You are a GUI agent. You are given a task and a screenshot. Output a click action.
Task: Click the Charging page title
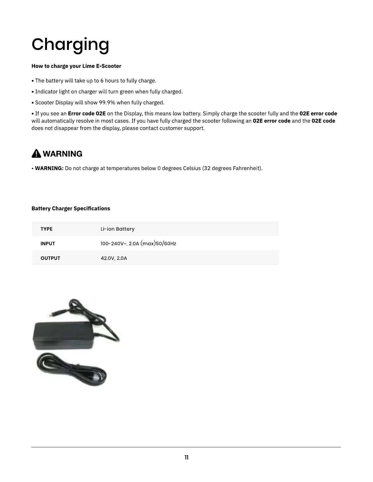pos(70,44)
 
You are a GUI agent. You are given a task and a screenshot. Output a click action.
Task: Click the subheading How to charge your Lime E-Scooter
pos(76,66)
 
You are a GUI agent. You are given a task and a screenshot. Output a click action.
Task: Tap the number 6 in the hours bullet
pos(102,81)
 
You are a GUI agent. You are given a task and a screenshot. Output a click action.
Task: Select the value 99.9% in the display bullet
pos(108,103)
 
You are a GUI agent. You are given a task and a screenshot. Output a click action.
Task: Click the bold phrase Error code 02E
pos(87,114)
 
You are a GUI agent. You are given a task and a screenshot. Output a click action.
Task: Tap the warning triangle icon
pos(36,154)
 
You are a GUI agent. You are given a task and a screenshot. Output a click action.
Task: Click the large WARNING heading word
pos(62,154)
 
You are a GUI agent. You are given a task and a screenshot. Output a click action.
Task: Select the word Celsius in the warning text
pos(192,168)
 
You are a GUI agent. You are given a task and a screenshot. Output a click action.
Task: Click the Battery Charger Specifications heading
pos(71,208)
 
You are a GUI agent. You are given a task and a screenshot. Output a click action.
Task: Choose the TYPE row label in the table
pos(46,229)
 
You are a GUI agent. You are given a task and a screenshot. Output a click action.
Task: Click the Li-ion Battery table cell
pos(117,229)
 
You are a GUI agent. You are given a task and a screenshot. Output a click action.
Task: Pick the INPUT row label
pos(48,244)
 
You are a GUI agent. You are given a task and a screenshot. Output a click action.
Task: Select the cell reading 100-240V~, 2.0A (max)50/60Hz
pos(138,244)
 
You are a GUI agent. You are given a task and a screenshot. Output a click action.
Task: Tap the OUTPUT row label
pos(50,258)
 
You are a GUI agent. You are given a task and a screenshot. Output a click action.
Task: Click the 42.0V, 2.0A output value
pos(114,258)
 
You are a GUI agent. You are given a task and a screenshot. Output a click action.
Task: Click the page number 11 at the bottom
pos(186,458)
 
